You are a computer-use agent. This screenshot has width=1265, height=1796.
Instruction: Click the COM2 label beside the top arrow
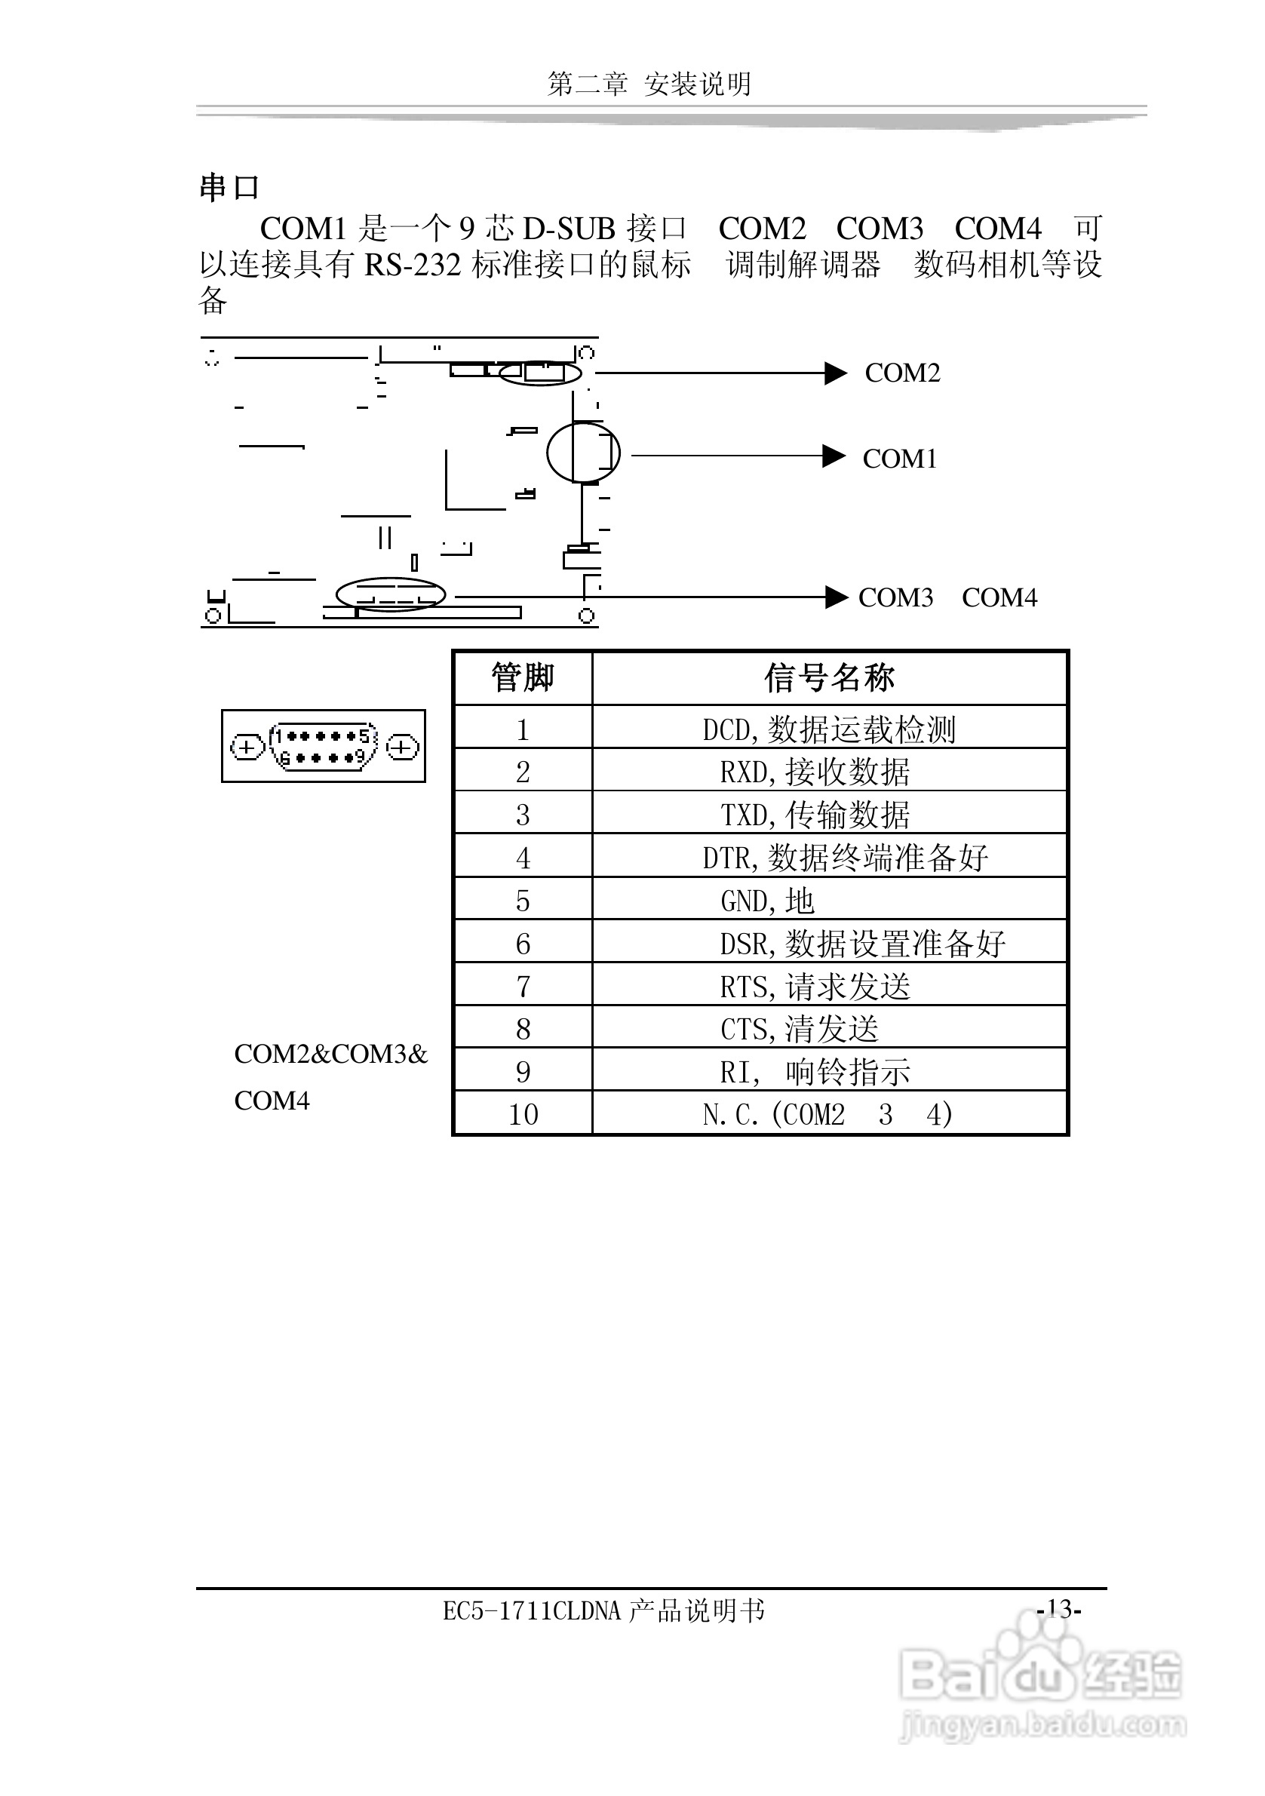[902, 373]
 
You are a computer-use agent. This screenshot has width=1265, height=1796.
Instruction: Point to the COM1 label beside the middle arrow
[900, 459]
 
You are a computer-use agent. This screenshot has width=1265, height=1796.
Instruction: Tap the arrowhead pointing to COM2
[836, 373]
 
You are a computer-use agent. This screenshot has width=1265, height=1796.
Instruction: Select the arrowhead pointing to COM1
[834, 456]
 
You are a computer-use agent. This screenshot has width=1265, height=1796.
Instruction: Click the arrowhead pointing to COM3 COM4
[837, 597]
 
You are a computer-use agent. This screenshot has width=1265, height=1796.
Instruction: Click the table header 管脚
[523, 678]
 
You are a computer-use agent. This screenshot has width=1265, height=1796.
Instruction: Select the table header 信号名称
[829, 678]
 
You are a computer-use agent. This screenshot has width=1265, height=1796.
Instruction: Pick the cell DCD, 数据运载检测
[829, 730]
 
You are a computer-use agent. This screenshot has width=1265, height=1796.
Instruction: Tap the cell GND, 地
[767, 901]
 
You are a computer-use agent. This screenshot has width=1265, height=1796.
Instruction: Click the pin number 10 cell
[523, 1115]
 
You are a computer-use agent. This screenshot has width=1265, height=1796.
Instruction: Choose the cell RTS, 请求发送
[815, 987]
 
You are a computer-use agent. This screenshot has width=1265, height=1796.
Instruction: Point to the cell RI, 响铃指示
[815, 1073]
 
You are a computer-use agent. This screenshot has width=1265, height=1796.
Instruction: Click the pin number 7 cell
[523, 987]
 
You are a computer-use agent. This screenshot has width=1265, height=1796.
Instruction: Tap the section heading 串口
[229, 188]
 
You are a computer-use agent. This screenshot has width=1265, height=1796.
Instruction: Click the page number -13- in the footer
[1058, 1609]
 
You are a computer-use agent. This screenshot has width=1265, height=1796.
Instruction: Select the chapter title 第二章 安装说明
[649, 84]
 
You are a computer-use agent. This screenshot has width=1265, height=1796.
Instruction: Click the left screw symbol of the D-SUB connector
[247, 747]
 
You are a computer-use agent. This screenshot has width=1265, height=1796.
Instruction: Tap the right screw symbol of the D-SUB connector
[402, 747]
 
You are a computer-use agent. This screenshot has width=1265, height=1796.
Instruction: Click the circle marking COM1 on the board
[583, 452]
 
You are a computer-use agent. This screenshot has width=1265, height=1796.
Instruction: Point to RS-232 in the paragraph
[413, 266]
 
